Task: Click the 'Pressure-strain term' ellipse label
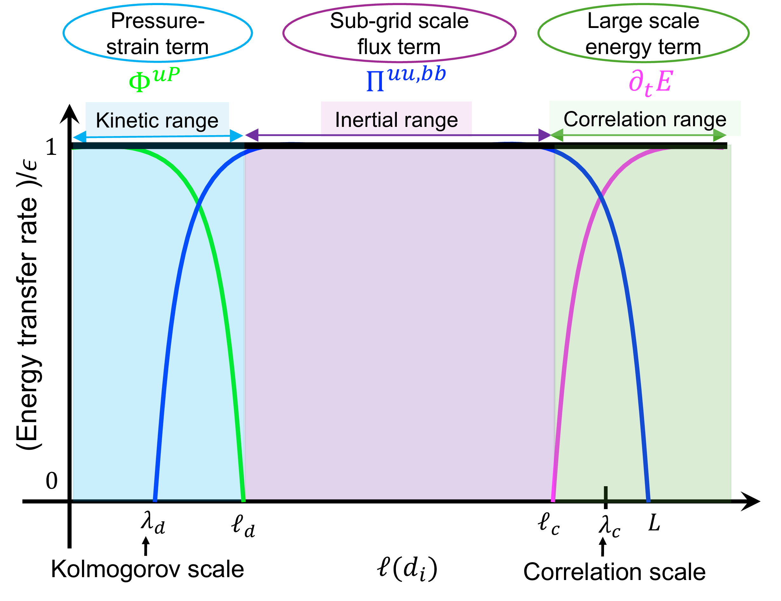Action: click(x=158, y=33)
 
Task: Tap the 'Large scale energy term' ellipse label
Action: click(x=643, y=33)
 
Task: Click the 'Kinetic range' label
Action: click(x=157, y=120)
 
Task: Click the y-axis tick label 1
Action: click(x=51, y=147)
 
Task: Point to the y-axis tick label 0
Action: click(x=51, y=481)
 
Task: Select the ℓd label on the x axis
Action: click(x=243, y=526)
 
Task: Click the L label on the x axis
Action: click(x=654, y=523)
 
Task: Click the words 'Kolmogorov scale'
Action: click(x=147, y=569)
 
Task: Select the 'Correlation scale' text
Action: click(x=614, y=572)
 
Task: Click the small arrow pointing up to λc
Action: click(x=603, y=547)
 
